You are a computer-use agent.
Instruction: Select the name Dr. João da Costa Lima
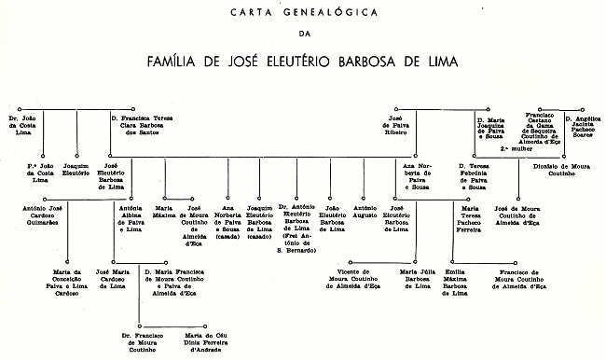pos(32,126)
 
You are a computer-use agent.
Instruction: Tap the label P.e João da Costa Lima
pos(42,172)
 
